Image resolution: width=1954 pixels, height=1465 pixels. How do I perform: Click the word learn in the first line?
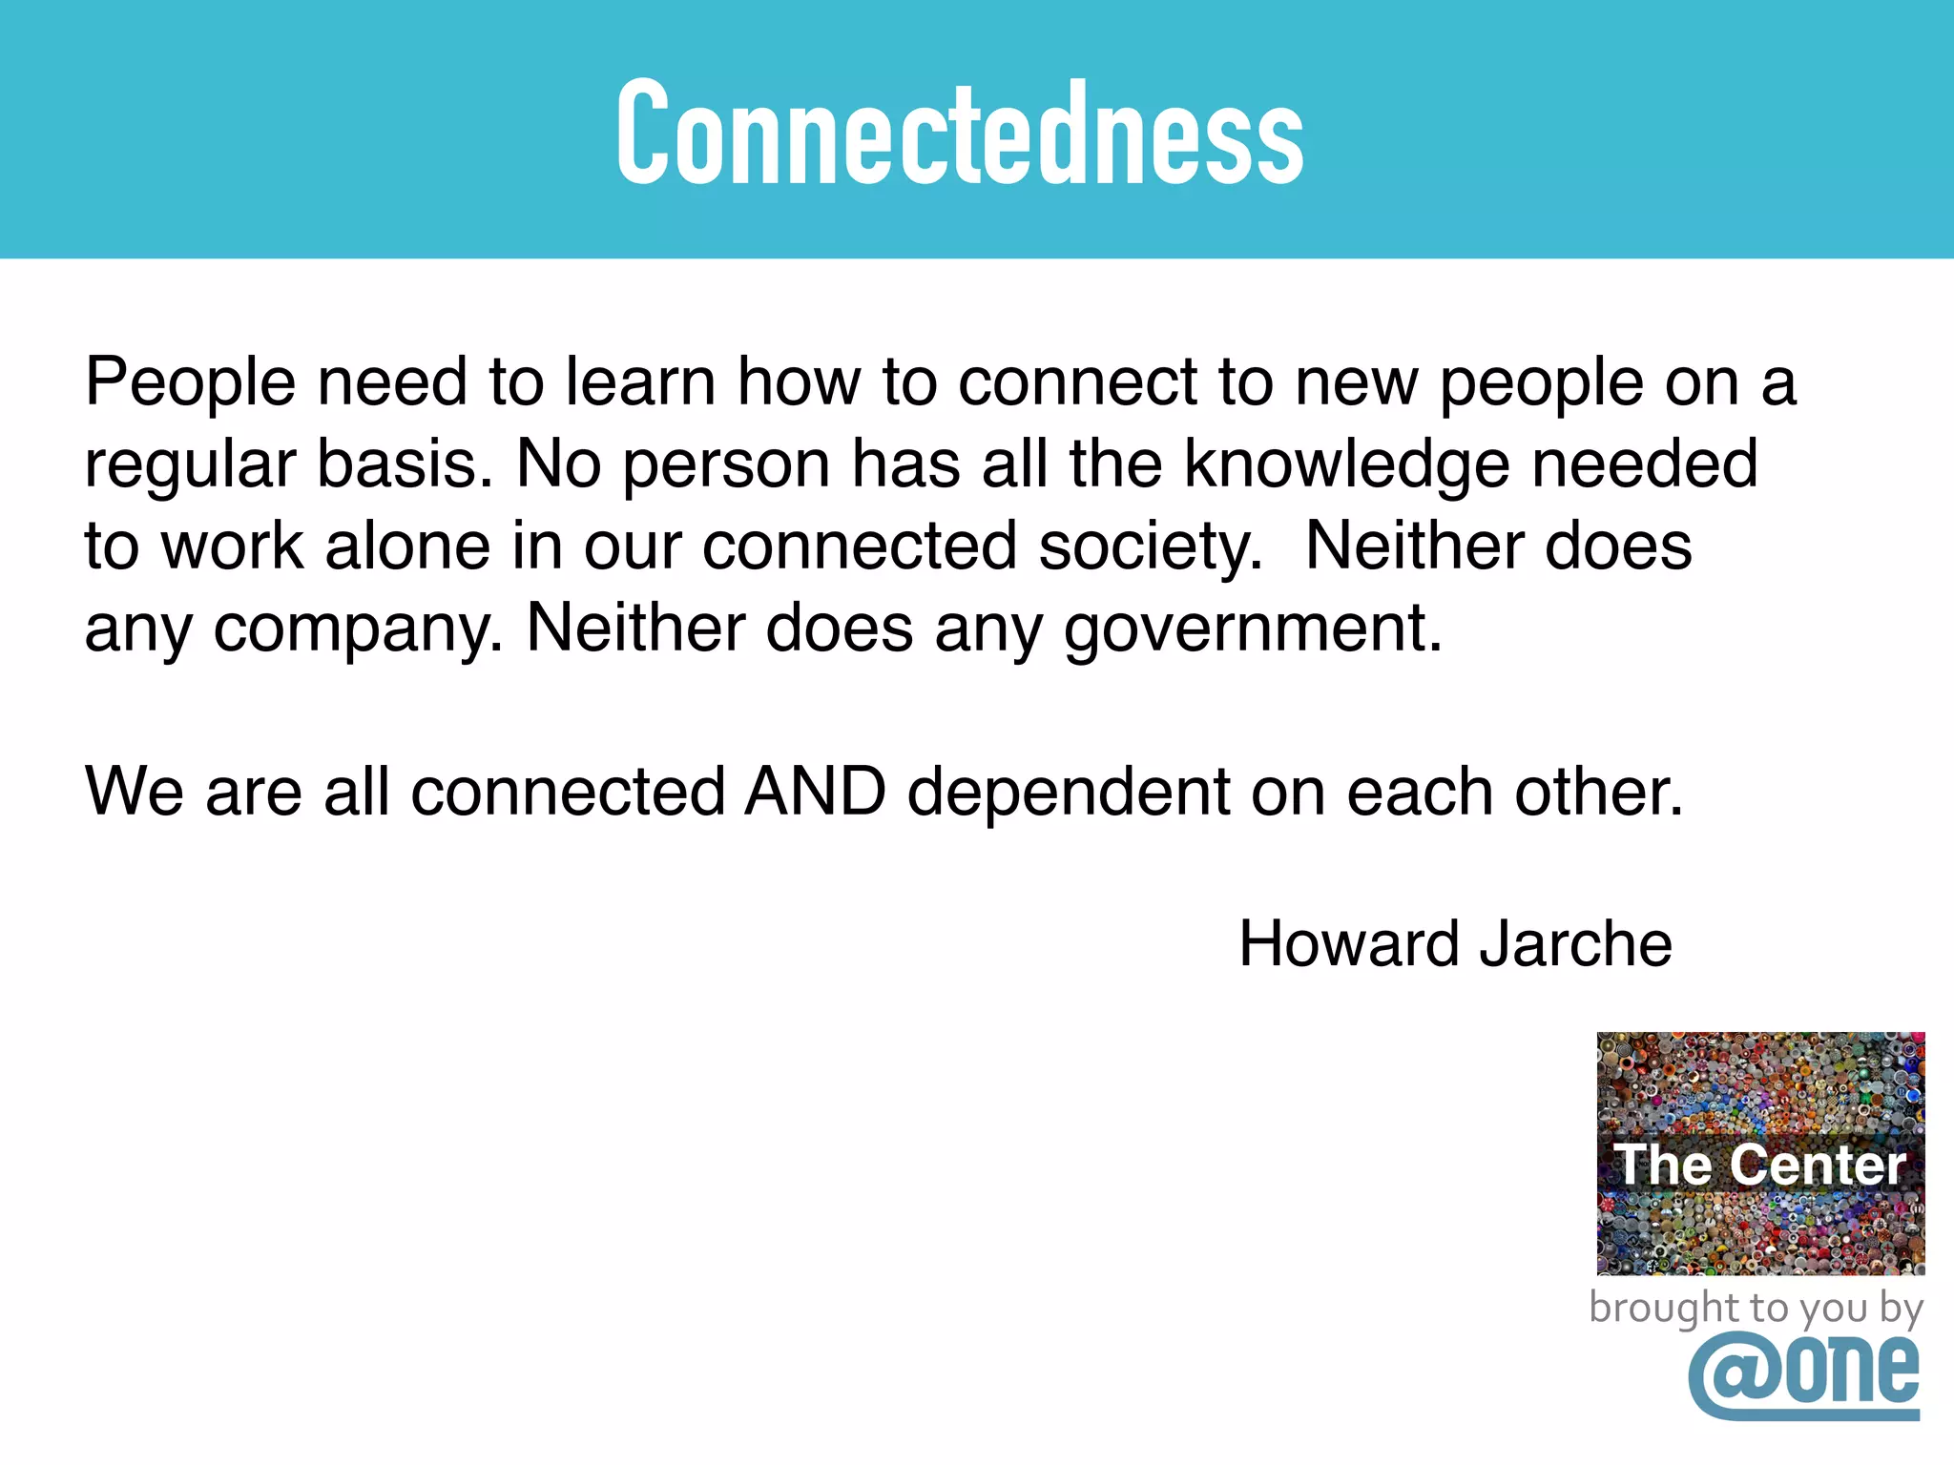[640, 382]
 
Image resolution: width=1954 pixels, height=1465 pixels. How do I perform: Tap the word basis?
[405, 464]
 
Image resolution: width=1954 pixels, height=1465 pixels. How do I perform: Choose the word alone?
[408, 547]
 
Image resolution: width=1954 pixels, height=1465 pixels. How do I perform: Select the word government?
[1253, 629]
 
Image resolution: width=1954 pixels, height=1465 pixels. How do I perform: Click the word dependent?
[1068, 794]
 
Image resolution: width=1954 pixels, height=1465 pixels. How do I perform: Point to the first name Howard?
[1349, 944]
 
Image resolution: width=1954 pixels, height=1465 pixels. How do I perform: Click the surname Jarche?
[1575, 944]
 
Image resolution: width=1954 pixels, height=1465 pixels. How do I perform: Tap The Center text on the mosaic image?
[1760, 1165]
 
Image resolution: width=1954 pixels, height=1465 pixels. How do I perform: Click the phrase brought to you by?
[1756, 1308]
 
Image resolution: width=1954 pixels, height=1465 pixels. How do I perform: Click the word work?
[232, 547]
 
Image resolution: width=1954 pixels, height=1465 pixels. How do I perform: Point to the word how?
[799, 382]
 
